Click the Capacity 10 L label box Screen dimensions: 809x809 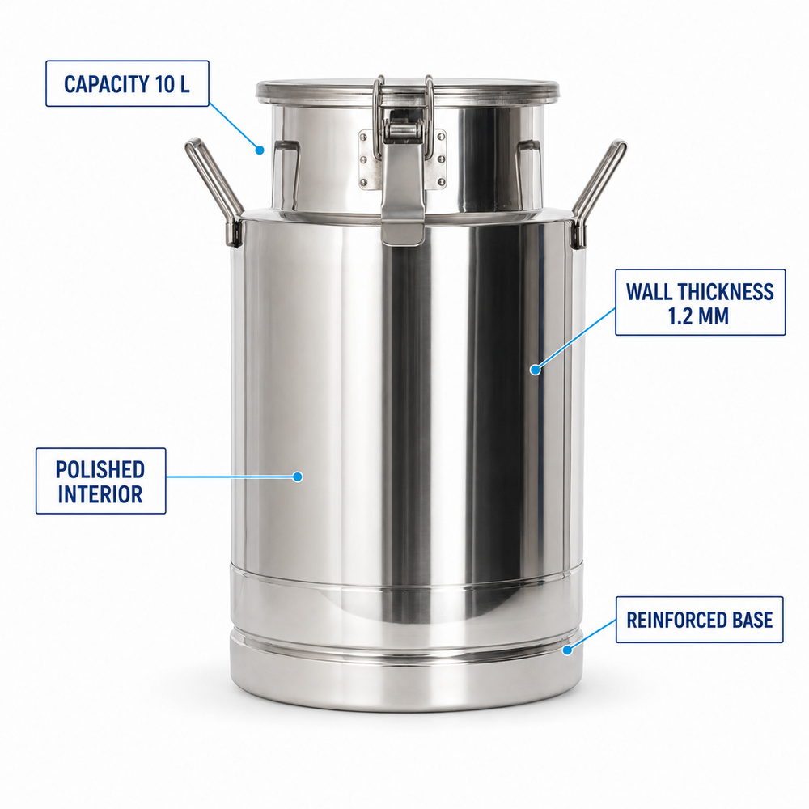click(x=127, y=83)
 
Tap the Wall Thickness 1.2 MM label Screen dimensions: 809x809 click(x=700, y=303)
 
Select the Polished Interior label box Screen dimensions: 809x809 click(x=100, y=481)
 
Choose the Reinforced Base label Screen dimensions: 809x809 click(x=699, y=620)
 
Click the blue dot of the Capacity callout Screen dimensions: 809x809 click(x=260, y=150)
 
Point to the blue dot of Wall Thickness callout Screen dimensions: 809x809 click(x=535, y=370)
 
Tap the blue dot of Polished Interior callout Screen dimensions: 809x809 click(x=297, y=477)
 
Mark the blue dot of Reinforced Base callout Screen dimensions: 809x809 click(x=567, y=650)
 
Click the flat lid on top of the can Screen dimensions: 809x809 click(x=408, y=91)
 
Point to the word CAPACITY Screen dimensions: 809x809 click(x=106, y=84)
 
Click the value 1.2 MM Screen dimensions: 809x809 click(x=699, y=316)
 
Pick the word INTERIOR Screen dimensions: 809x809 click(x=100, y=494)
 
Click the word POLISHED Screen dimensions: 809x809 click(x=100, y=469)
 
